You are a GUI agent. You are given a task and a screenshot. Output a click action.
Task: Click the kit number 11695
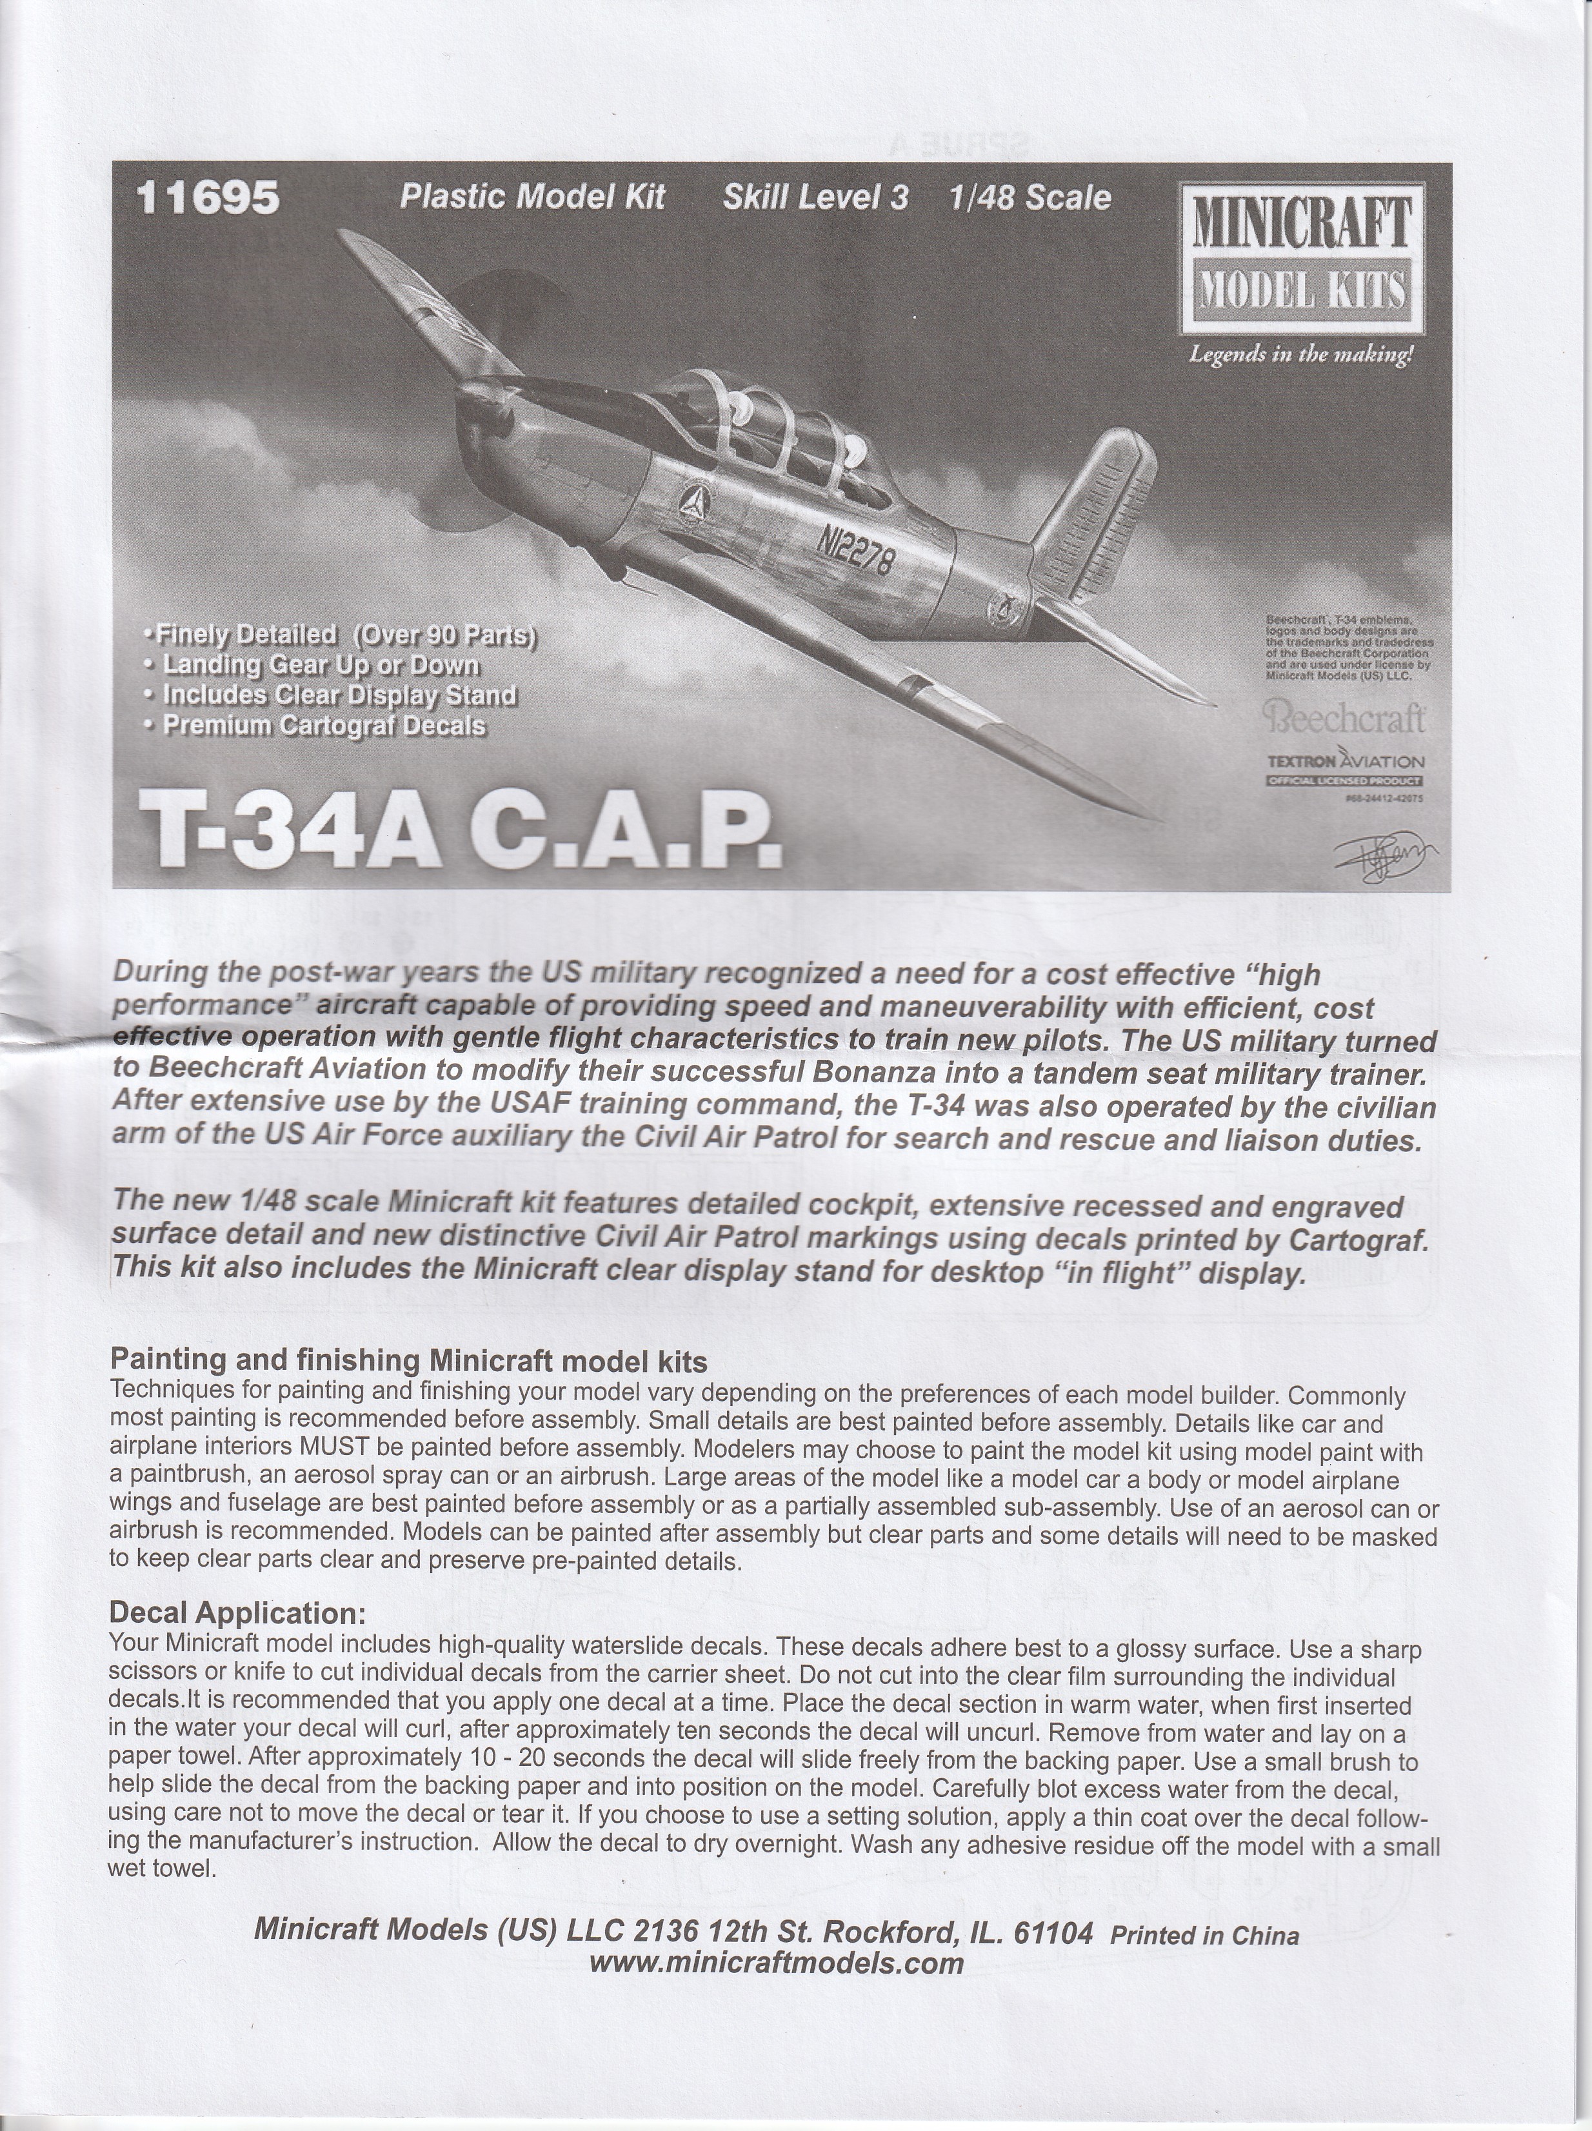click(x=208, y=199)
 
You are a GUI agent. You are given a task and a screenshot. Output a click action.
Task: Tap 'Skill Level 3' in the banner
click(x=815, y=197)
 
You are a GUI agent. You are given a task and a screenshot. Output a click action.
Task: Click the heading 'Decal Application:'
click(x=237, y=1612)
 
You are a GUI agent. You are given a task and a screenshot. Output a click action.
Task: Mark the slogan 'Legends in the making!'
click(x=1301, y=355)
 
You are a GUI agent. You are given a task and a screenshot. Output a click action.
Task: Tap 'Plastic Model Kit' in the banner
click(x=532, y=197)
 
